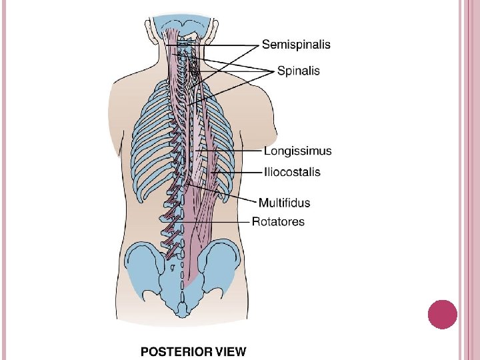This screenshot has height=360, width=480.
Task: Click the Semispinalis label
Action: tap(296, 45)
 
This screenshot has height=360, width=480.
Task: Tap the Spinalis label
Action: tap(299, 70)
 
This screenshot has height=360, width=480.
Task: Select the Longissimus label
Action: tap(297, 151)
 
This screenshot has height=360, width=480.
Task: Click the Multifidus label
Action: tap(284, 203)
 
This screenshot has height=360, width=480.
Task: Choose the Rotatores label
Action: tap(278, 221)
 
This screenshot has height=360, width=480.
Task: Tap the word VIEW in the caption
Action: tap(230, 351)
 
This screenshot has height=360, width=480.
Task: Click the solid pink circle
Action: tap(441, 315)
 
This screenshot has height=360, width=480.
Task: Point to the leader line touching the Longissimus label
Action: tap(233, 151)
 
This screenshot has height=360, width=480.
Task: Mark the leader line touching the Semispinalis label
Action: tap(220, 45)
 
